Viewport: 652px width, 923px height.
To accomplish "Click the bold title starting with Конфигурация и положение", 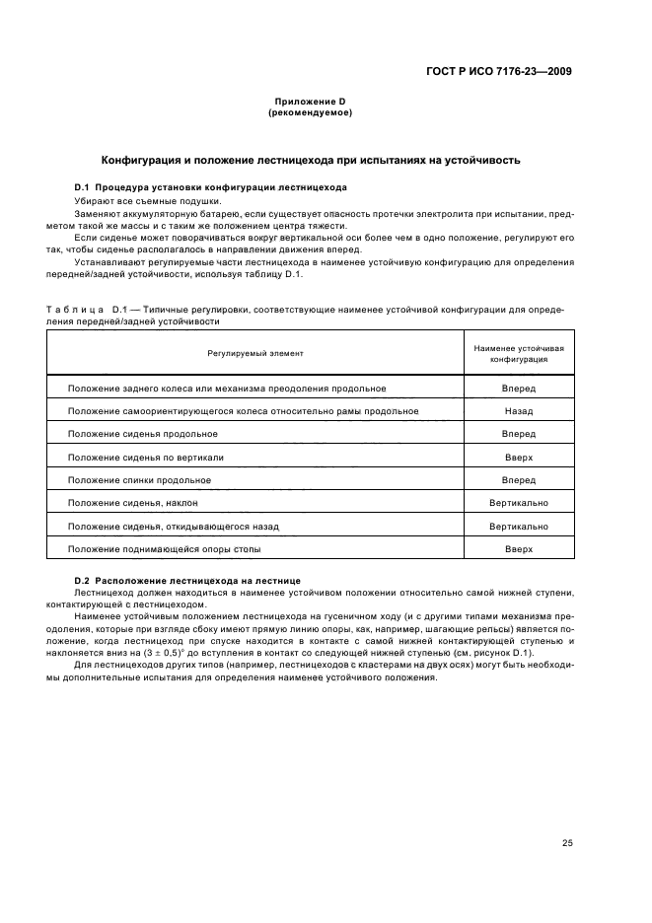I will point(311,160).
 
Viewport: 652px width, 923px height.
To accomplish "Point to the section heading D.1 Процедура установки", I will point(210,187).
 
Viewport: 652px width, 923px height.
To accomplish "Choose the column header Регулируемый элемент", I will point(255,352).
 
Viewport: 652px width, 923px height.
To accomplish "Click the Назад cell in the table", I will point(519,411).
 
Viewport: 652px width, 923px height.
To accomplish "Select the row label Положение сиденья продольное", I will point(143,434).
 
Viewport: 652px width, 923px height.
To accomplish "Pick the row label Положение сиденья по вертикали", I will point(146,458).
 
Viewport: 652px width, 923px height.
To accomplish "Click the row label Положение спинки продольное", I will point(139,480).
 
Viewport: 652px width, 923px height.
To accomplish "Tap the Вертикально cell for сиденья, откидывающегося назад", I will point(519,527).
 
